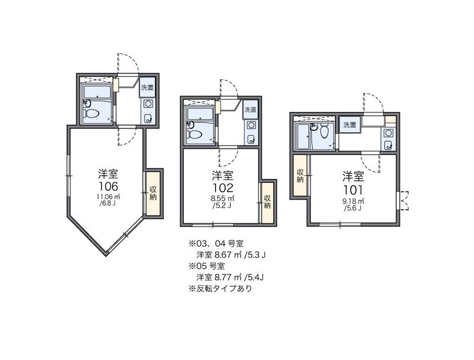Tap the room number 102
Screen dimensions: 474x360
pos(223,188)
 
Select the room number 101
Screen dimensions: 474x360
pos(353,190)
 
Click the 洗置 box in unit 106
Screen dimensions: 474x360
pos(148,88)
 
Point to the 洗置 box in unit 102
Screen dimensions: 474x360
pos(251,110)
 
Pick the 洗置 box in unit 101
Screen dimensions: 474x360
pos(350,125)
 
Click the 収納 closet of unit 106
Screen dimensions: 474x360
pos(153,194)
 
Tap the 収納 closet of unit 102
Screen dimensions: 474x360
pos(267,202)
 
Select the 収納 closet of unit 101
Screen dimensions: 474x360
pos(300,176)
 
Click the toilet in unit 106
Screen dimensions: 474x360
pos(92,114)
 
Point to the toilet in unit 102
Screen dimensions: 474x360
pos(195,134)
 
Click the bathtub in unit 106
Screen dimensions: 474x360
pos(97,92)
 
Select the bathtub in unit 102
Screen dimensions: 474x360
pos(200,114)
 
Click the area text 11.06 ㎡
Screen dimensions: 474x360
pos(108,197)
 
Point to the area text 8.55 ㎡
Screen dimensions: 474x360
pos(223,199)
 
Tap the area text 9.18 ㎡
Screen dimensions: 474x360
pos(353,201)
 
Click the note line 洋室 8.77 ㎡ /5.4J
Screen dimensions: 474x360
pos(230,277)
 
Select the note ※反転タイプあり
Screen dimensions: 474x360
pos(220,289)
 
